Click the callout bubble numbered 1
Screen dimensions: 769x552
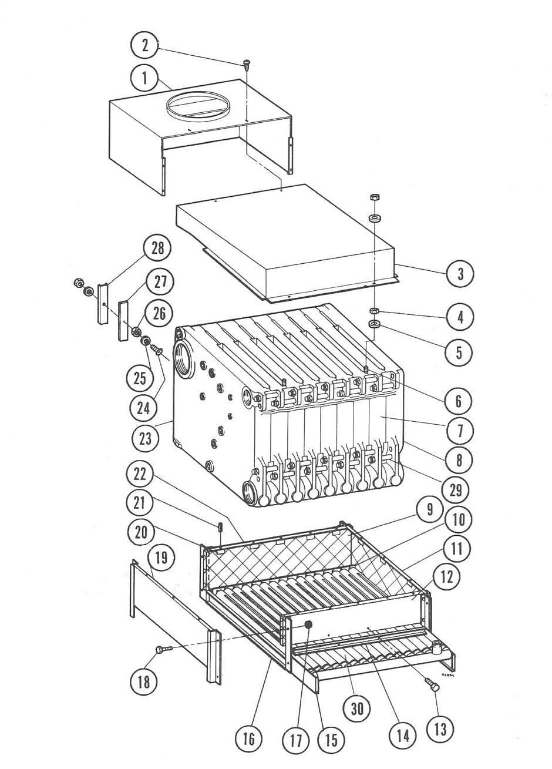(x=143, y=78)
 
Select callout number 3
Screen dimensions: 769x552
(x=461, y=274)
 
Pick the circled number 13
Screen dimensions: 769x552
(x=440, y=729)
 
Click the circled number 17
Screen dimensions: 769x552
(x=297, y=740)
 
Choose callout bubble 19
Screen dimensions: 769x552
(x=160, y=557)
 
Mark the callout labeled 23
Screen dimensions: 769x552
(x=144, y=438)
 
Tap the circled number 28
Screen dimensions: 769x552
(x=157, y=248)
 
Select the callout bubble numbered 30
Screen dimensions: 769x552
(x=358, y=709)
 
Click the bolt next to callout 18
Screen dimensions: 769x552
(x=163, y=649)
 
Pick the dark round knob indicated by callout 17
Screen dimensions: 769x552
(x=307, y=624)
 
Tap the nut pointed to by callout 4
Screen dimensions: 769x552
(x=374, y=310)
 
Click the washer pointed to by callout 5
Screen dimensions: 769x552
(x=373, y=324)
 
